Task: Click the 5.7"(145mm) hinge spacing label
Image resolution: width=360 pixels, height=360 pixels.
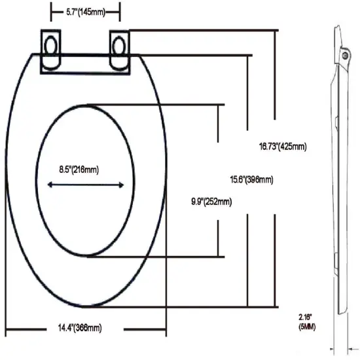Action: pos(86,11)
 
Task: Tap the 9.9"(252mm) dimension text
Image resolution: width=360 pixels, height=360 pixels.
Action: pos(207,202)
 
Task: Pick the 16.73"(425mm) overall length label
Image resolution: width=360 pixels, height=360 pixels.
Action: pos(282,147)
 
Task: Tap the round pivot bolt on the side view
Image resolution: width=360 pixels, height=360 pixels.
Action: pos(345,58)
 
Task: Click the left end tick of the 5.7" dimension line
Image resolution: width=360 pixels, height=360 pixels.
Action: pos(51,12)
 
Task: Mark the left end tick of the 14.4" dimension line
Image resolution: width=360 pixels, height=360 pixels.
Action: pos(6,327)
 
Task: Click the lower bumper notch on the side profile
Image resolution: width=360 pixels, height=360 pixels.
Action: pos(335,265)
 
